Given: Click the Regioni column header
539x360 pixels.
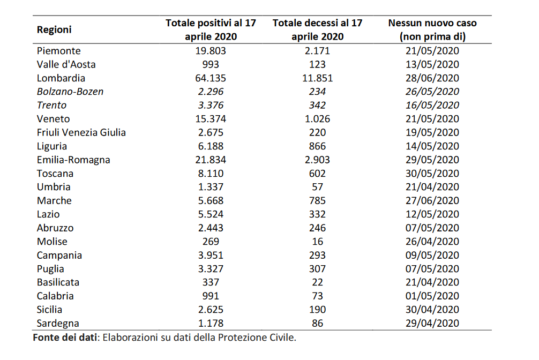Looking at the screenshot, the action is (54, 30).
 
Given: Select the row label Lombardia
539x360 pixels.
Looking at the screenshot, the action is (61, 78).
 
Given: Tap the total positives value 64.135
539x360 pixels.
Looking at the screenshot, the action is (211, 78).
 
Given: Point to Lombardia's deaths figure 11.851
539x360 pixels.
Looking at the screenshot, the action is (317, 78).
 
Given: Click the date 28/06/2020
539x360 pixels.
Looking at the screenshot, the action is (432, 78).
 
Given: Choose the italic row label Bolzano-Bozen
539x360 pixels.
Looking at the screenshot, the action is (70, 92).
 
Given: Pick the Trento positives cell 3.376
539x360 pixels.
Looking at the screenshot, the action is (211, 105).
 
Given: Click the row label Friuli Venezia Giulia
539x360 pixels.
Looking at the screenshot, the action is (81, 132).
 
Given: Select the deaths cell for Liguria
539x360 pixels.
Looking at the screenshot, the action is (317, 146).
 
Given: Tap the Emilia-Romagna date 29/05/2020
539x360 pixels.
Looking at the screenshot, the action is (432, 160).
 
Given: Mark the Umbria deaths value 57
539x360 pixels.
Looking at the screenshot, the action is (317, 187).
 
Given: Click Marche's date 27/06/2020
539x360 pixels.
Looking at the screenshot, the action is (432, 200).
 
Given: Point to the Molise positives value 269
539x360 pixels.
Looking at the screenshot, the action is (211, 242).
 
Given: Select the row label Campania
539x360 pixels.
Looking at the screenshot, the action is (59, 255).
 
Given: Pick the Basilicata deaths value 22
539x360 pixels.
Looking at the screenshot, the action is (317, 282).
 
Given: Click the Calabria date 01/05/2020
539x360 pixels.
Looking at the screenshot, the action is (432, 296).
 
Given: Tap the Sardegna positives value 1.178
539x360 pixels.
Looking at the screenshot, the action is (211, 323).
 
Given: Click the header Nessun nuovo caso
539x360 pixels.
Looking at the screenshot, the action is (432, 23).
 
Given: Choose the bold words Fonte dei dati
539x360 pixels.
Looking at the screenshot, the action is (65, 337).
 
